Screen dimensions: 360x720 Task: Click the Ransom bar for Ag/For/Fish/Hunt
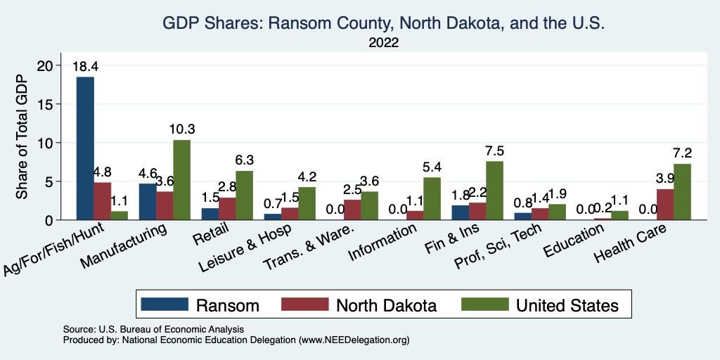click(x=85, y=148)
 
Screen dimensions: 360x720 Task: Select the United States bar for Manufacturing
click(x=181, y=180)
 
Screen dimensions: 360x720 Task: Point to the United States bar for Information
click(x=432, y=199)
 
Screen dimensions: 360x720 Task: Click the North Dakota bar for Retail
click(x=227, y=209)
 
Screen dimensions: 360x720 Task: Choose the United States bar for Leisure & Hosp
click(x=307, y=203)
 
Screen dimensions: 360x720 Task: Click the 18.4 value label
click(x=85, y=67)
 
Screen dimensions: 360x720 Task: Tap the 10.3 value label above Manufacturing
click(x=181, y=129)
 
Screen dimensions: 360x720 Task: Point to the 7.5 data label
click(x=494, y=151)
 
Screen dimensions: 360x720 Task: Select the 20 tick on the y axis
click(x=45, y=65)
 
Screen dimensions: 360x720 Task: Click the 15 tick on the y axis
click(x=45, y=104)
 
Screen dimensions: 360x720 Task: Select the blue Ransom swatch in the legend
click(x=165, y=304)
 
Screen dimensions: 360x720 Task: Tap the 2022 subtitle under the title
click(x=384, y=43)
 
